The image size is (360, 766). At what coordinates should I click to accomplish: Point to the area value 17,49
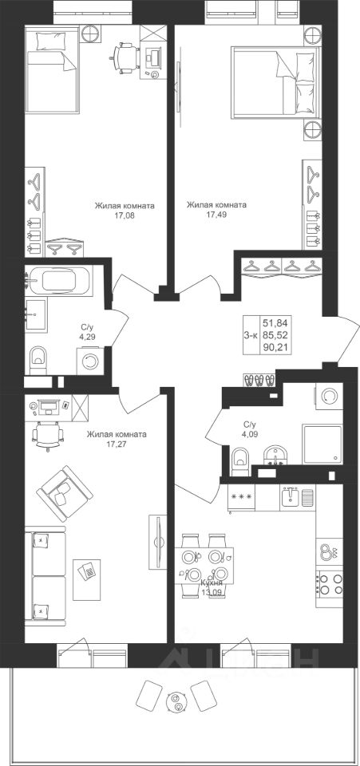click(216, 214)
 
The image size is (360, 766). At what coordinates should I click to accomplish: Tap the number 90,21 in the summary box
click(274, 347)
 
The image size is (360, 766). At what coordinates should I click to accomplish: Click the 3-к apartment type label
click(251, 334)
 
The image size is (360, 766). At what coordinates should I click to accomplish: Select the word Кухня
click(212, 582)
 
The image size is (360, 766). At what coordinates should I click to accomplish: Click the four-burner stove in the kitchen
click(330, 583)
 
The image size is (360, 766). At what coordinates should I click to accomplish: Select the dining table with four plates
click(204, 565)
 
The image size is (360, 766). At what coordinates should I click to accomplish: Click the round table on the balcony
click(176, 701)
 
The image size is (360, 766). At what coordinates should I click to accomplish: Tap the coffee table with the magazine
click(87, 579)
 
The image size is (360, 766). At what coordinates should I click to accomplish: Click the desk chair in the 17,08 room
click(125, 57)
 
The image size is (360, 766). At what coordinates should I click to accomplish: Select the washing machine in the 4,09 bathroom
click(330, 397)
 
